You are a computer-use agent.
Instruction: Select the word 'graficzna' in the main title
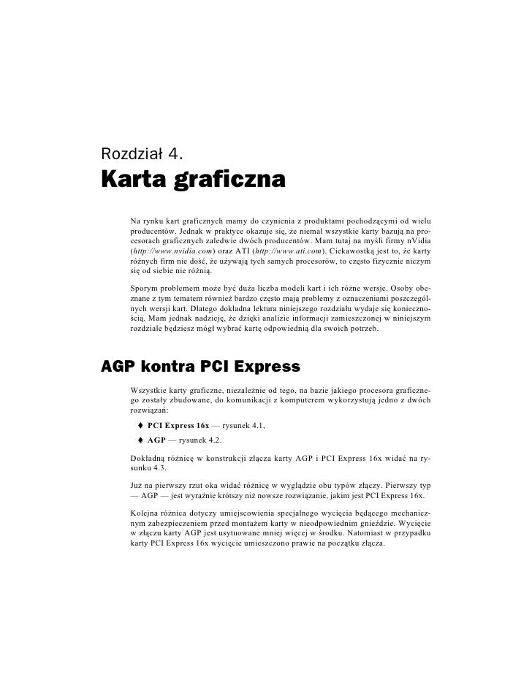point(229,180)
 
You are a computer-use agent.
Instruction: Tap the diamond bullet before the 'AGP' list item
point(139,441)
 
